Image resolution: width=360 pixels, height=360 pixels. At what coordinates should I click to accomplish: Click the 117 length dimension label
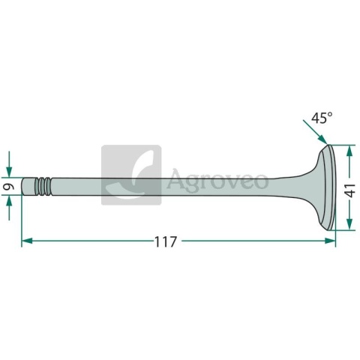(x=166, y=241)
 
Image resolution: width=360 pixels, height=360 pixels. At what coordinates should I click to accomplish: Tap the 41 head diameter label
(x=351, y=190)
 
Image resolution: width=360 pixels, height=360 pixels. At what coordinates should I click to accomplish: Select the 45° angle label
(x=322, y=118)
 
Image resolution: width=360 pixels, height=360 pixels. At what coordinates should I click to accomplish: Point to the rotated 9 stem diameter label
(x=9, y=187)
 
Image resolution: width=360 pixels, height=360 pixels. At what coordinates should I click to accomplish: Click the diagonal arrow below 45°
(x=315, y=132)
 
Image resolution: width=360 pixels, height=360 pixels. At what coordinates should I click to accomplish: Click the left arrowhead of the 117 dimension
(x=27, y=241)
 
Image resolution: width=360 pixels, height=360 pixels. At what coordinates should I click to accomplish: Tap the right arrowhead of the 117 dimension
(x=330, y=241)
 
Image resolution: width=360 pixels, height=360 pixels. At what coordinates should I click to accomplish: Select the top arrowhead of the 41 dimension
(x=349, y=151)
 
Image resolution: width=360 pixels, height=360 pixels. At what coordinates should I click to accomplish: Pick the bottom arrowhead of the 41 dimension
(x=349, y=224)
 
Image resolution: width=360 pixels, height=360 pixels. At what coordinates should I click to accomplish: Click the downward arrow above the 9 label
(x=9, y=164)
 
